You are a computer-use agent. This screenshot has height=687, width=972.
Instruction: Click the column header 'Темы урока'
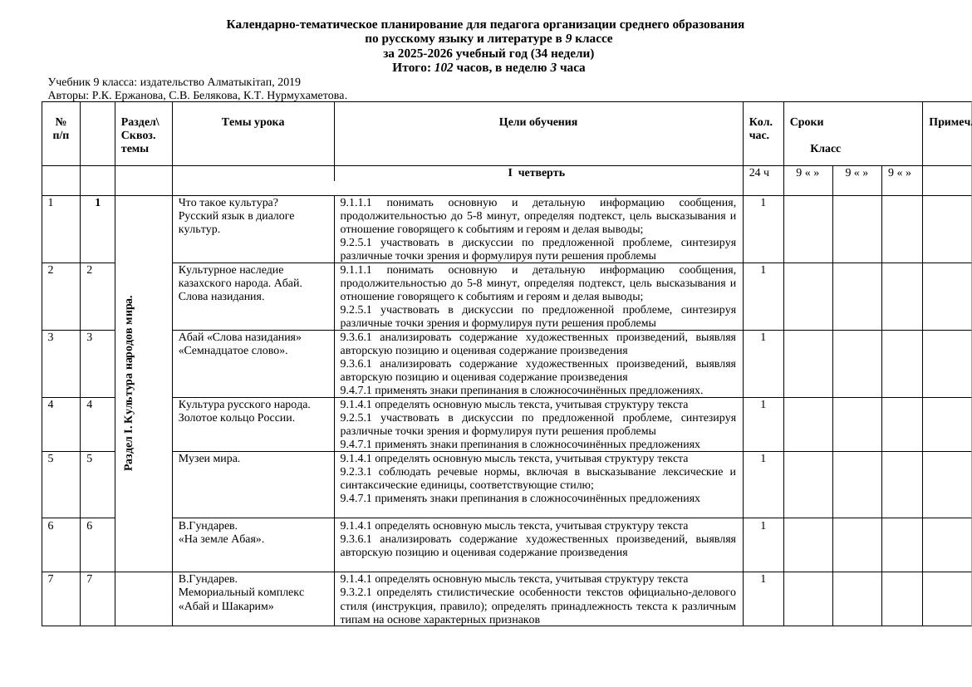pos(253,122)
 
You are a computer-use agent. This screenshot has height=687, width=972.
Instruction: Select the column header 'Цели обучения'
pos(538,122)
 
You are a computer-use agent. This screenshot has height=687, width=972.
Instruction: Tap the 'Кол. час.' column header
pos(761,128)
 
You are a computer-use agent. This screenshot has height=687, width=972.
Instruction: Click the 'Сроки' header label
pos(802,122)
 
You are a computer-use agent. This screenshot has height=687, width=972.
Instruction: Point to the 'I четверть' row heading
pos(536,173)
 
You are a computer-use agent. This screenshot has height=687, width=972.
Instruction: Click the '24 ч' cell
pos(759,173)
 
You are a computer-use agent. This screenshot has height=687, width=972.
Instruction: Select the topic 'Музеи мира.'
pos(209,459)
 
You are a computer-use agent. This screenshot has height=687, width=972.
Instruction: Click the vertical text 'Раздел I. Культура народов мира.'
pos(128,383)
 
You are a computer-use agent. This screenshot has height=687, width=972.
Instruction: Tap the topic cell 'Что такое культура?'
pos(228,203)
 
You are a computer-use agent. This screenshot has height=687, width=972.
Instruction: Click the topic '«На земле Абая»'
pos(222,539)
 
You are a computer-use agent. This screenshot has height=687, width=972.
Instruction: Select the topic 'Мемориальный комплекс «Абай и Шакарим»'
pos(241,599)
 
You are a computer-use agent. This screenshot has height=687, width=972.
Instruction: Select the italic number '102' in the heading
pos(444,67)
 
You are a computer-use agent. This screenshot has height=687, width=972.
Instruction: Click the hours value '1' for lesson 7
pos(763,579)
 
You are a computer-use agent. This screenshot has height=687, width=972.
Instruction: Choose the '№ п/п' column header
pos(61,128)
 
